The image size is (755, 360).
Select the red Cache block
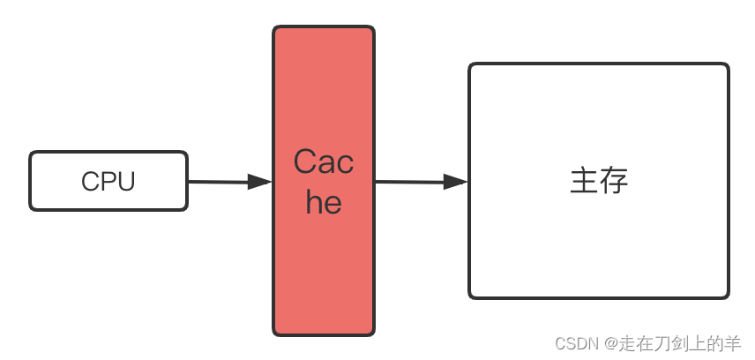[x=324, y=265]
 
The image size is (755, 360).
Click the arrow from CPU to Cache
[x=221, y=182]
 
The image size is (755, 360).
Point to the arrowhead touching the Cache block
[x=259, y=182]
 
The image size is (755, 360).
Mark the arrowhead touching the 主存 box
[x=455, y=182]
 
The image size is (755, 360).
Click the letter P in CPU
[x=108, y=182]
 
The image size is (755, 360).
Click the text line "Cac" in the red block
[x=324, y=162]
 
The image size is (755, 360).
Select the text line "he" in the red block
[x=324, y=202]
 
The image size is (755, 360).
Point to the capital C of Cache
[x=304, y=162]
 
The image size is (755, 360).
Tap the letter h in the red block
[x=314, y=202]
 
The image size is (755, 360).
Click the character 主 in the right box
[x=584, y=181]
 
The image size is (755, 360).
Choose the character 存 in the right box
[x=614, y=181]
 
